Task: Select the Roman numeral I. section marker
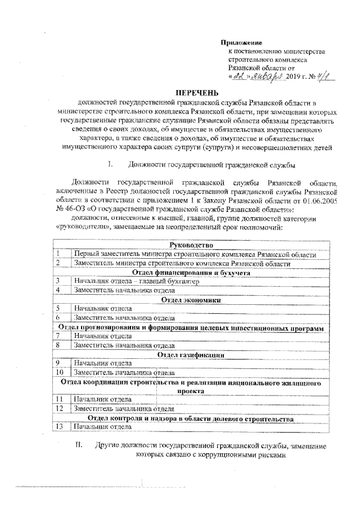click(111, 165)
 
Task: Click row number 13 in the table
click(59, 427)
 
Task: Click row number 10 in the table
click(59, 372)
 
